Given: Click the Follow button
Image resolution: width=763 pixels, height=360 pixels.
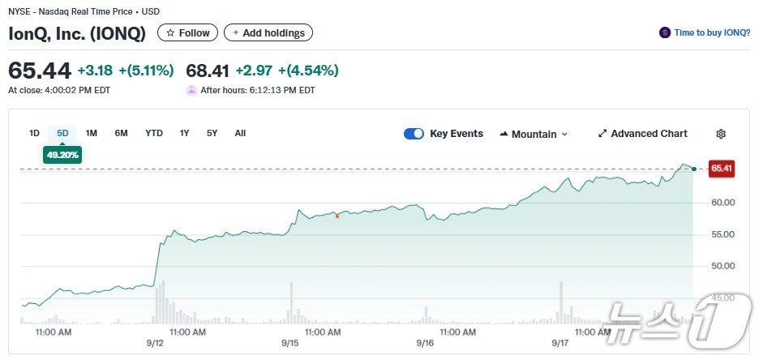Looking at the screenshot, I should pos(187,33).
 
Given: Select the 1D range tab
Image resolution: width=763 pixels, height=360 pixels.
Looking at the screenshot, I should pos(34,133).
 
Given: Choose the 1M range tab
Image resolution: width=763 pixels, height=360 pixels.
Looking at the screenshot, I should pos(92,133).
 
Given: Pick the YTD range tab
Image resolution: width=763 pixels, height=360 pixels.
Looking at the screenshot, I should pos(154,133).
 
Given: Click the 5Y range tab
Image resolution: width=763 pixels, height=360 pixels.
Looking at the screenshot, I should pos(212,133).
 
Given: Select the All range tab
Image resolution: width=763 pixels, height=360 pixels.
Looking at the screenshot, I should pos(240,133).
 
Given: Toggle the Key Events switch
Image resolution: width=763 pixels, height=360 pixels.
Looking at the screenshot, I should pos(414,134).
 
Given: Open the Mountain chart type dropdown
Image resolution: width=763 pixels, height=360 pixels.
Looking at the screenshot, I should pos(534,134).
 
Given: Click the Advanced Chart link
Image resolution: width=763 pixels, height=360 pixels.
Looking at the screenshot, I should pos(642,134).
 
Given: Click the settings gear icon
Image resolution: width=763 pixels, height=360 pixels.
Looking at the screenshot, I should pos(721,134).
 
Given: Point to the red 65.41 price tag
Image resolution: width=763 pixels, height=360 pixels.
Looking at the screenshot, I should pos(721,169).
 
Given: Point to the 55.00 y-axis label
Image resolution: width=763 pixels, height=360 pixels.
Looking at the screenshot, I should pos(723,234).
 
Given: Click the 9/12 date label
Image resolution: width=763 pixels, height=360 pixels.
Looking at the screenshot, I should pos(156,343).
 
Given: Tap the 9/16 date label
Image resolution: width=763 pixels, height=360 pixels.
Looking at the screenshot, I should pos(425,343).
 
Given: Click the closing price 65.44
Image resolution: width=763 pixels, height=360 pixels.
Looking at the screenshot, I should pos(40,71).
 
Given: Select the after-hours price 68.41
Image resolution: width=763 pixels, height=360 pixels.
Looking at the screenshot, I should pos(207,71).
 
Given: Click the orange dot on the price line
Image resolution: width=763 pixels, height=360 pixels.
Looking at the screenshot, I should pos(337,216).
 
